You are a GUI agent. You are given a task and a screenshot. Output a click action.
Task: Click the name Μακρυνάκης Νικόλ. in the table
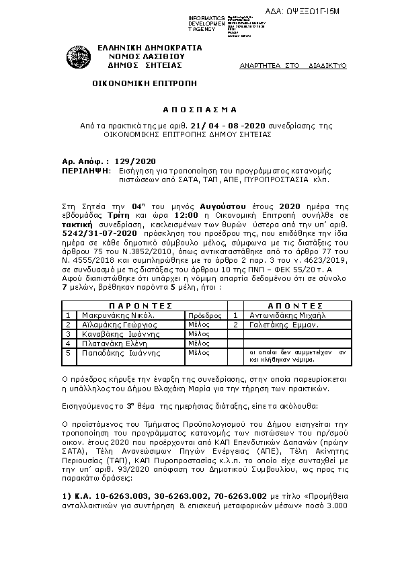click(x=118, y=314)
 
